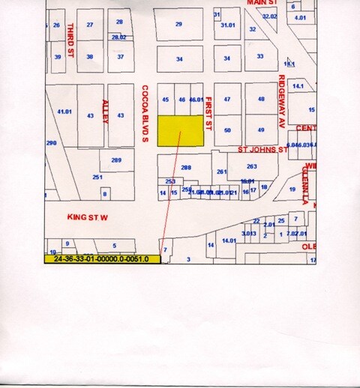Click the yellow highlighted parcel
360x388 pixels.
pos(180,130)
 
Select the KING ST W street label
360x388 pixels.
pos(88,217)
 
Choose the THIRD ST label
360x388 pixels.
pos(70,42)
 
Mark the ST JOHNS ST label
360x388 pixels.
pos(263,150)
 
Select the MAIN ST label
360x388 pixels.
pos(262,3)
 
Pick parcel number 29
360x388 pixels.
pos(178,25)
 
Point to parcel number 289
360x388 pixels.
pos(116,160)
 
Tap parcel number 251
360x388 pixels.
pos(97,177)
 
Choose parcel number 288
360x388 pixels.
pos(186,168)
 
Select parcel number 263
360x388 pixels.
pos(252,167)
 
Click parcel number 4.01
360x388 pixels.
pos(301,17)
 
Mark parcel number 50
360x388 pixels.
pos(227,130)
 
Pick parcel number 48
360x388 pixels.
pos(261,99)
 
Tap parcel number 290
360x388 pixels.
pos(51,142)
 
